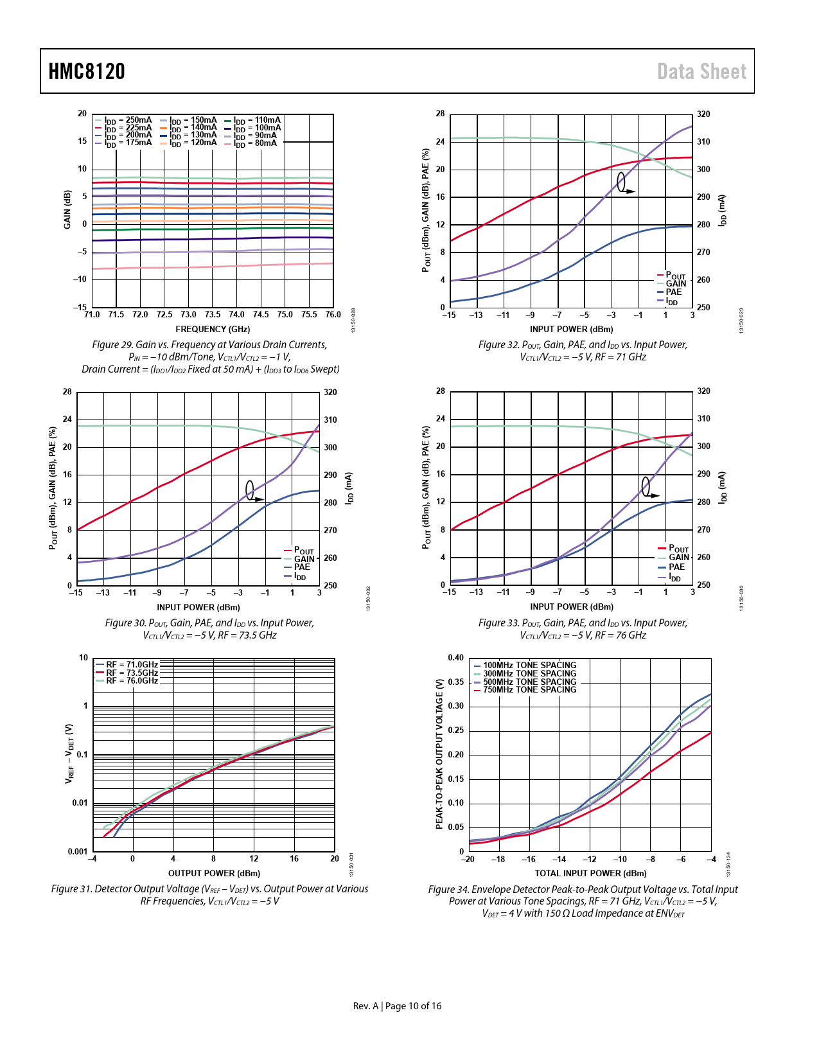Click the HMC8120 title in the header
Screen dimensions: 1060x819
87,71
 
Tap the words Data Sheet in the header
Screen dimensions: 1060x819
701,71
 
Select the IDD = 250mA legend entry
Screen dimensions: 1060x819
128,120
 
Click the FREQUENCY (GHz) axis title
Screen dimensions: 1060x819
213,329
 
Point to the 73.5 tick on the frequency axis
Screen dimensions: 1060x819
213,315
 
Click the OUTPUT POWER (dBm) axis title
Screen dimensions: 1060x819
214,873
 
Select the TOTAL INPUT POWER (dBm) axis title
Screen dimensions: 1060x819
590,873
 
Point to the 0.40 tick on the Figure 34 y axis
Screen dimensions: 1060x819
455,658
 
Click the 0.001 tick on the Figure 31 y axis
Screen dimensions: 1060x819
78,852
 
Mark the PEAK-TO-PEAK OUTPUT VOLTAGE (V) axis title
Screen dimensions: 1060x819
439,754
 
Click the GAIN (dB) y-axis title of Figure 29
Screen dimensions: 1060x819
67,210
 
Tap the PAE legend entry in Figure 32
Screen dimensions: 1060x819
673,292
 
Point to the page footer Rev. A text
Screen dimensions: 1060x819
365,1006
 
